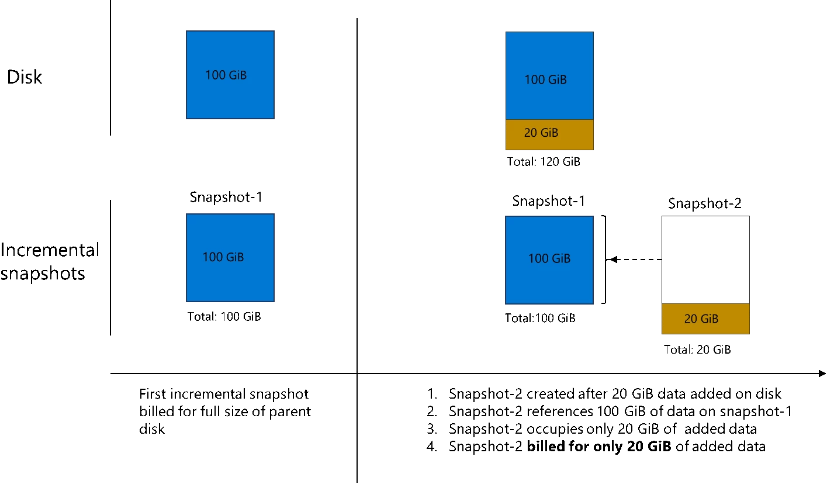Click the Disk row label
point(25,77)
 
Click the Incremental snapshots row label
point(50,262)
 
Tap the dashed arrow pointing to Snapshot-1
point(636,260)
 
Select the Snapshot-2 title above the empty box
point(705,203)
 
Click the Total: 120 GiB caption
point(544,162)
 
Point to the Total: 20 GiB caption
point(697,350)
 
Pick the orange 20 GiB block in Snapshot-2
point(705,319)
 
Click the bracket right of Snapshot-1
point(604,260)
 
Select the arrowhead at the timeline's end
point(822,374)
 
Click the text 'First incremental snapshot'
point(224,393)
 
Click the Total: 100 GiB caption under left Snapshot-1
point(224,317)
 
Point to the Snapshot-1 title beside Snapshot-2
point(548,201)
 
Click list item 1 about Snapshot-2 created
point(615,393)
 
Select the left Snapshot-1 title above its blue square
point(226,197)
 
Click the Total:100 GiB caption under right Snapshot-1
point(540,319)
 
